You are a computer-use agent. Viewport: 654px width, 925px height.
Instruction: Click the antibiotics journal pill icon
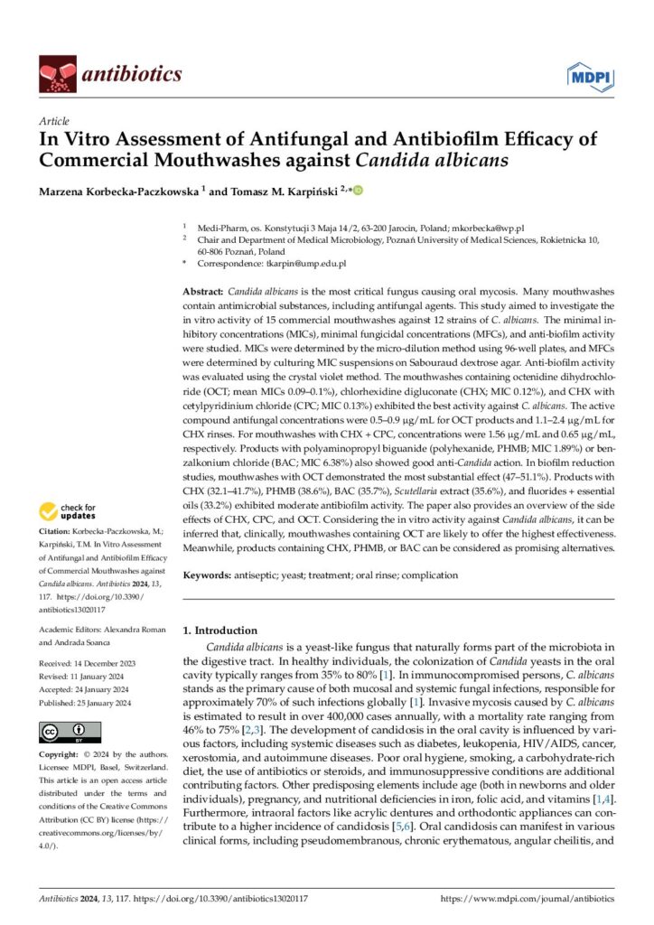[x=57, y=72]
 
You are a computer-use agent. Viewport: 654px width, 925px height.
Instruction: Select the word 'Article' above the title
[x=54, y=120]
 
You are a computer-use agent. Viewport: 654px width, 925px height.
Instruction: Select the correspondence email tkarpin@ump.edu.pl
[x=304, y=264]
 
